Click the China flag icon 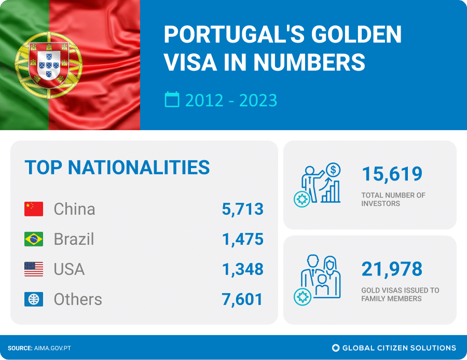(34, 209)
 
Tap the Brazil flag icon (34, 239)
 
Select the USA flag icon (34, 269)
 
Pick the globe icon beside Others (34, 299)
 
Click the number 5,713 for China (242, 209)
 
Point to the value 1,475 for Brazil (242, 239)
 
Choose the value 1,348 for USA (242, 269)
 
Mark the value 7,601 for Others (242, 299)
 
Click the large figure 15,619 (392, 174)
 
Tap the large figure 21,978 (392, 269)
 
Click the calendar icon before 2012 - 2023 (172, 99)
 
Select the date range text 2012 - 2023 (231, 100)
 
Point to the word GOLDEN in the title (356, 34)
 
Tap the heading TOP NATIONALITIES (117, 168)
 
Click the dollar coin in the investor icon (334, 169)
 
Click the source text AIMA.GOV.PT (52, 348)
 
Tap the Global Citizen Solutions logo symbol (336, 348)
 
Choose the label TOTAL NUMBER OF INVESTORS (393, 199)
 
